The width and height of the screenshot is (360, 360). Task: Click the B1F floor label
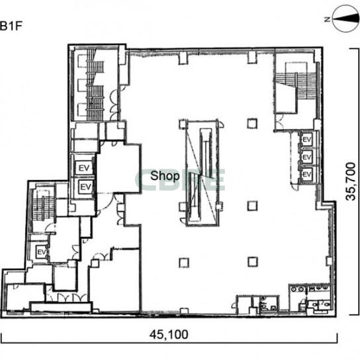(x=11, y=26)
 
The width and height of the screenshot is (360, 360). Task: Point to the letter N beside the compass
(x=328, y=19)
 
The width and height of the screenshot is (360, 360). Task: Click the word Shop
(x=165, y=176)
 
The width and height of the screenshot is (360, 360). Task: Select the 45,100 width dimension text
(x=169, y=335)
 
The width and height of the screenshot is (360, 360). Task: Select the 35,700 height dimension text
(x=351, y=181)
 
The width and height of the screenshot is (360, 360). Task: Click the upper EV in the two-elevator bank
(x=84, y=168)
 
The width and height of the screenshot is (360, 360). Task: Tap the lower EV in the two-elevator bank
(x=86, y=187)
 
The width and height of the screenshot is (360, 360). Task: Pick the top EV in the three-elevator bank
(x=307, y=140)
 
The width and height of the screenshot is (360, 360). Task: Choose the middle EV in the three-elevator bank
(x=307, y=157)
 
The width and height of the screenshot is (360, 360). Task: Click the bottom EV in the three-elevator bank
(x=307, y=175)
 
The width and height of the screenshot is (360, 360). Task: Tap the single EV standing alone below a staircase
(x=42, y=252)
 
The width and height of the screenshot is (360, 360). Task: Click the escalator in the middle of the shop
(x=202, y=173)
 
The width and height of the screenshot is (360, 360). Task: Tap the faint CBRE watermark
(x=180, y=180)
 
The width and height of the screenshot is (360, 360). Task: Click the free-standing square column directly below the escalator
(x=184, y=263)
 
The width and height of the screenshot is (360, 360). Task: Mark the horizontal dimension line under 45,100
(x=169, y=343)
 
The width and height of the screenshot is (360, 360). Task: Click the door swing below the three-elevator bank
(x=294, y=186)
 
